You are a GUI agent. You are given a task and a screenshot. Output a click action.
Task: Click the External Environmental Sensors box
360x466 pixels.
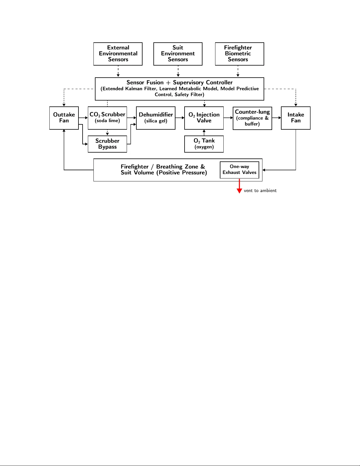118,54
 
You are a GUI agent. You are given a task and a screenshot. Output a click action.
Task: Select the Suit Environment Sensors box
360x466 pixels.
178,54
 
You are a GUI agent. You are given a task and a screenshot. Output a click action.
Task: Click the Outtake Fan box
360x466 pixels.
64,118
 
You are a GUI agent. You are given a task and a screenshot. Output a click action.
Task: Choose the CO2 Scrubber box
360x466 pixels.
107,118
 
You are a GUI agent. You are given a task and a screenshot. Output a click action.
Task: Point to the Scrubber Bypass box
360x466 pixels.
107,144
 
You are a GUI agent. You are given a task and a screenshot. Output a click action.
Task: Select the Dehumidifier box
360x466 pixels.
155,118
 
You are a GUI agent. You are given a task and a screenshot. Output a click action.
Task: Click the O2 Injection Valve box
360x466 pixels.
204,118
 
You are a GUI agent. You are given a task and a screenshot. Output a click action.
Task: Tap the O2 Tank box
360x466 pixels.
204,144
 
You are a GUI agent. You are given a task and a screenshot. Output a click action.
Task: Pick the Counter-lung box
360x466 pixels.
252,118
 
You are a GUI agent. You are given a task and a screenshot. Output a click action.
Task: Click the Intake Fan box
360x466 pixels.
296,118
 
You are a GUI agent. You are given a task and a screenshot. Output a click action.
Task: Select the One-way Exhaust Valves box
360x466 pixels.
239,170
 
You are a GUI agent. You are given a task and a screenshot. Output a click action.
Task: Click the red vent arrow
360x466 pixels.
239,187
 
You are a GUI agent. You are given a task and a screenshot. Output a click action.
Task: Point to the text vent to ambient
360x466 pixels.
260,191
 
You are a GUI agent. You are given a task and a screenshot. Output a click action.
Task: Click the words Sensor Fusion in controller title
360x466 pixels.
145,83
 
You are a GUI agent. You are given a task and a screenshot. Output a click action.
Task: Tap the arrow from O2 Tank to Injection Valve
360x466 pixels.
204,133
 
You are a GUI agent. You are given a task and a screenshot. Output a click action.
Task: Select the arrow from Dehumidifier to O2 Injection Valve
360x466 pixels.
180,118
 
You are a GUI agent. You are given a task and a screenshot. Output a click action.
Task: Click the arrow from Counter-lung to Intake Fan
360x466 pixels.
277,118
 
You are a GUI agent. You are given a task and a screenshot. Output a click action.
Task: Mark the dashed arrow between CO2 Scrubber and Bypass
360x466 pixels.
107,132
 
